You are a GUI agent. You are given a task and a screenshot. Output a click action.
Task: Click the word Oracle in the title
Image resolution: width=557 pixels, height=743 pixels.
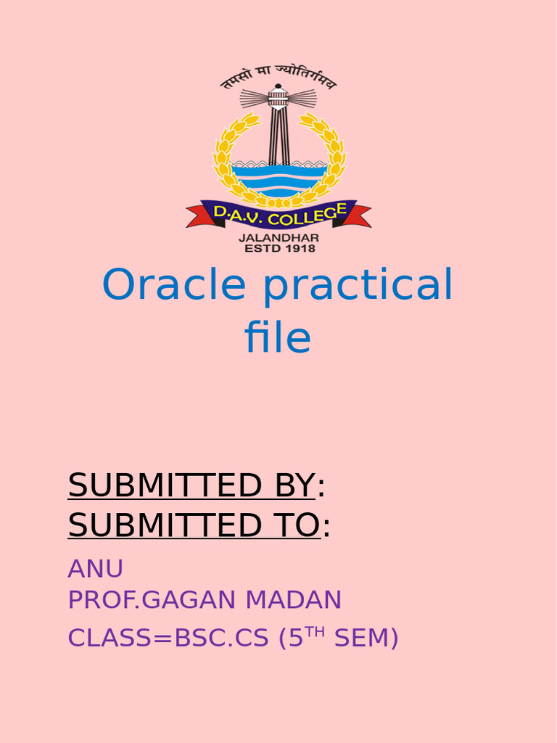click(174, 285)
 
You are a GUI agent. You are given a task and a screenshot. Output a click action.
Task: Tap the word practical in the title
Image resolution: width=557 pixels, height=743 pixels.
click(358, 287)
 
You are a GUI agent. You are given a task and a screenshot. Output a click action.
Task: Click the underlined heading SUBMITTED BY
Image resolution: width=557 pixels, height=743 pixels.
click(191, 485)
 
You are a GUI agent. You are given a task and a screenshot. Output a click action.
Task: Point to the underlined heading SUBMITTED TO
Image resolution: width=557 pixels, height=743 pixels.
click(194, 525)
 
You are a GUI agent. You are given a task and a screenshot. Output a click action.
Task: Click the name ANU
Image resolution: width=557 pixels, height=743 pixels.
click(95, 569)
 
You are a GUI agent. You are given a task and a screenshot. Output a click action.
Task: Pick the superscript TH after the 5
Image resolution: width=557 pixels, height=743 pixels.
click(314, 631)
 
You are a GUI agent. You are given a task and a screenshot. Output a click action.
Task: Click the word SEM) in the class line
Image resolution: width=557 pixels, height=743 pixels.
click(366, 639)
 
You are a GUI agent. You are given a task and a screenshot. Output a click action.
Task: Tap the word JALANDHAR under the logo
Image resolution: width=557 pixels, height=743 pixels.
click(278, 237)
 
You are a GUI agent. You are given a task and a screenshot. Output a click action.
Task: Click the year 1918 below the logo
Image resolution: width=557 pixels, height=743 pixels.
click(300, 248)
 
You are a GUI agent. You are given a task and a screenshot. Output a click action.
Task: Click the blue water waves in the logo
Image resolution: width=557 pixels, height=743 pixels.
click(278, 178)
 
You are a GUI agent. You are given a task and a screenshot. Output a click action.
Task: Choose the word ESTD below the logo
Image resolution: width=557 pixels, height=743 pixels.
click(256, 248)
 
